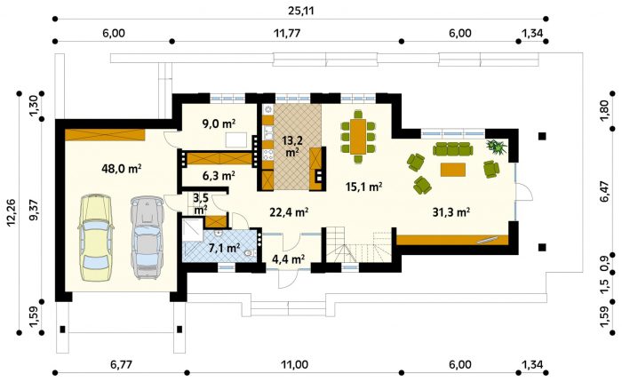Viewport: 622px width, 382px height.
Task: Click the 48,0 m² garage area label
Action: click(122, 169)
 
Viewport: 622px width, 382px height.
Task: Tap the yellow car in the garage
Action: click(96, 237)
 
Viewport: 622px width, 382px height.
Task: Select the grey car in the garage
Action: click(148, 237)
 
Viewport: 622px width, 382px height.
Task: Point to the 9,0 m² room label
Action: click(217, 124)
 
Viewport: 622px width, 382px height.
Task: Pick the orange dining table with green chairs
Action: click(358, 137)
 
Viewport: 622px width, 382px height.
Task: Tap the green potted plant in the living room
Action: click(497, 146)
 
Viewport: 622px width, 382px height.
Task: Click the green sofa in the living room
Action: click(452, 149)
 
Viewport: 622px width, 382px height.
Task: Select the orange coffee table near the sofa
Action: click(452, 170)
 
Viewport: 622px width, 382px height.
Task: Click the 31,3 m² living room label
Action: click(451, 212)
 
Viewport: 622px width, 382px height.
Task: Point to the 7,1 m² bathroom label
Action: click(224, 249)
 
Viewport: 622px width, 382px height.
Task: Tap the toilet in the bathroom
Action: click(250, 252)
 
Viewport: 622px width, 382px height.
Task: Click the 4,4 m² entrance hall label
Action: click(288, 259)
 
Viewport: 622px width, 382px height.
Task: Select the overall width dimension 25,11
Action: click(300, 11)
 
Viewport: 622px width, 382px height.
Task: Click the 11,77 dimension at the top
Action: click(286, 33)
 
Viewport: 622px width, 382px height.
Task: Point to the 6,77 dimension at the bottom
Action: click(122, 364)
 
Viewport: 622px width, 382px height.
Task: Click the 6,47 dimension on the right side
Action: click(604, 191)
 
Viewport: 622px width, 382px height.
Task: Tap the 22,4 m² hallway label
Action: click(289, 212)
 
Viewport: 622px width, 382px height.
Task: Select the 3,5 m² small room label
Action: click(200, 203)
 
